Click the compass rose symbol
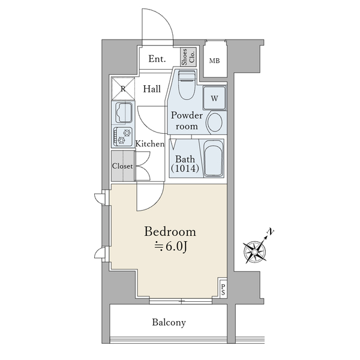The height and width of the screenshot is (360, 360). pyautogui.click(x=255, y=252)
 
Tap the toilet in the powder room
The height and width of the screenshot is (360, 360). pyautogui.click(x=187, y=85)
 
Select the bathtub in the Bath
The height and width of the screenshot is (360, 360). pyautogui.click(x=213, y=158)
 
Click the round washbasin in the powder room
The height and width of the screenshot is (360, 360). pyautogui.click(x=215, y=122)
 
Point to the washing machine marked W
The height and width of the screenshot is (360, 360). pyautogui.click(x=214, y=98)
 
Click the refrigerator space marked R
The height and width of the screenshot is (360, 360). pyautogui.click(x=123, y=89)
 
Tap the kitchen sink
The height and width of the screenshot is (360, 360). pyautogui.click(x=124, y=113)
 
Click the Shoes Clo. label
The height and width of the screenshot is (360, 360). pyautogui.click(x=188, y=57)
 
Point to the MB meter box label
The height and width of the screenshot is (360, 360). pyautogui.click(x=214, y=61)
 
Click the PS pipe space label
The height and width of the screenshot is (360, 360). pyautogui.click(x=223, y=290)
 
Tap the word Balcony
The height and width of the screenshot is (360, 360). pyautogui.click(x=169, y=323)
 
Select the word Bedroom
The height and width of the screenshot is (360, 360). pyautogui.click(x=170, y=232)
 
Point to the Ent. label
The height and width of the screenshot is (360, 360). pyautogui.click(x=157, y=59)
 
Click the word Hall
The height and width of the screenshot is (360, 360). pyautogui.click(x=152, y=89)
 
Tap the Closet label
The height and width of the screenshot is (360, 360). pyautogui.click(x=122, y=166)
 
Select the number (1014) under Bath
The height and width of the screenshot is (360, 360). pyautogui.click(x=185, y=169)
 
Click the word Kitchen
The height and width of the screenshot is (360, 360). pyautogui.click(x=150, y=144)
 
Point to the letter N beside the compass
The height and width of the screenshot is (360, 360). pyautogui.click(x=271, y=232)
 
